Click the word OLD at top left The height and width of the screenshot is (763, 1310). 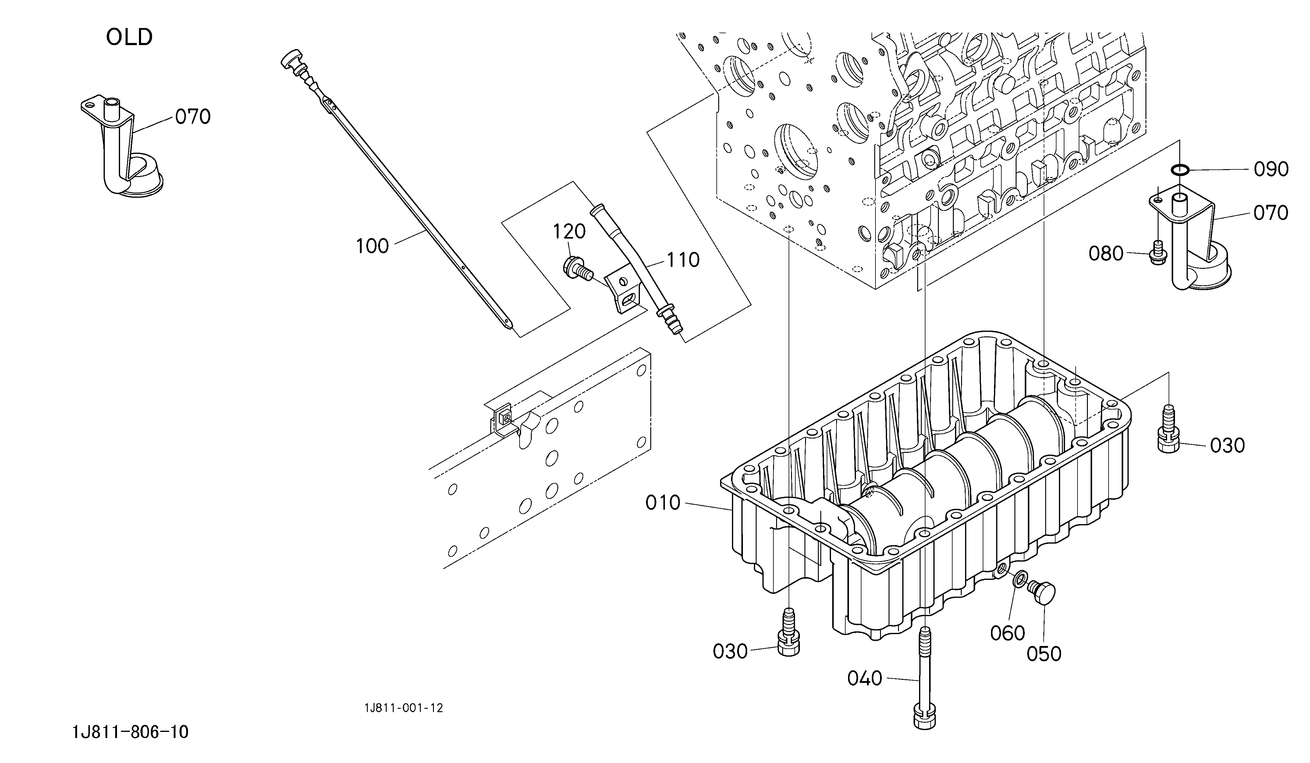[x=130, y=37]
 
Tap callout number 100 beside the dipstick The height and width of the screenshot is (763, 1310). [x=372, y=246]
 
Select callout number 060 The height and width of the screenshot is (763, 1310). [x=1007, y=633]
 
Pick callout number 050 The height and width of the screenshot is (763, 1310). [x=1044, y=654]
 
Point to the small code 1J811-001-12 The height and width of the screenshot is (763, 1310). [x=403, y=708]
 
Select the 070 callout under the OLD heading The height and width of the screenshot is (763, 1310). [x=192, y=117]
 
